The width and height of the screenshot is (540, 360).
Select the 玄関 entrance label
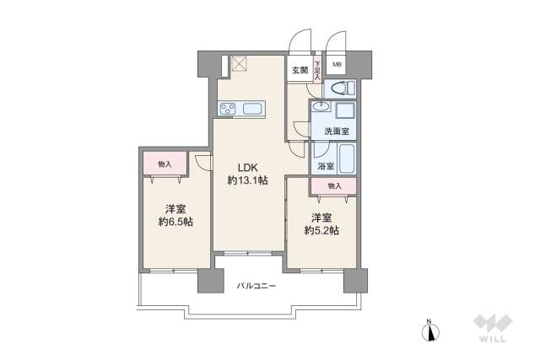(x=300, y=70)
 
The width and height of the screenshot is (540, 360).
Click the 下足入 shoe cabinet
(x=318, y=69)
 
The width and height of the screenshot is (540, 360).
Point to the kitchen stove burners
(x=228, y=108)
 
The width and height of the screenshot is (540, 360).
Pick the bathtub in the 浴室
(x=341, y=157)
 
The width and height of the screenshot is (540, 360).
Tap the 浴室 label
(x=324, y=167)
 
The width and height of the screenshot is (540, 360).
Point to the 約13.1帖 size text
(x=246, y=180)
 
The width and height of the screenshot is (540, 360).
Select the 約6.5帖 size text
(x=175, y=222)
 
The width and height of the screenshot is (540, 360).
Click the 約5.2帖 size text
(x=321, y=229)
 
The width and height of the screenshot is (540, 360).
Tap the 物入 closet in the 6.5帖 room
(x=165, y=164)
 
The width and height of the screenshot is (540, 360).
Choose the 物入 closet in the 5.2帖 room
(x=334, y=185)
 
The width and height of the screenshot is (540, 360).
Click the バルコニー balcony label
(x=256, y=287)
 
